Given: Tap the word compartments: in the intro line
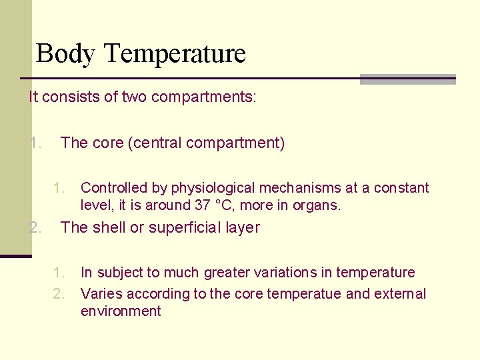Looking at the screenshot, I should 203,97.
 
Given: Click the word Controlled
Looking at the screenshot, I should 115,188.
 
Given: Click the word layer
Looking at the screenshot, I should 243,227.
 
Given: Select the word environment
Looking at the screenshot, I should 121,311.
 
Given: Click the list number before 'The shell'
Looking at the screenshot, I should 36,227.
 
